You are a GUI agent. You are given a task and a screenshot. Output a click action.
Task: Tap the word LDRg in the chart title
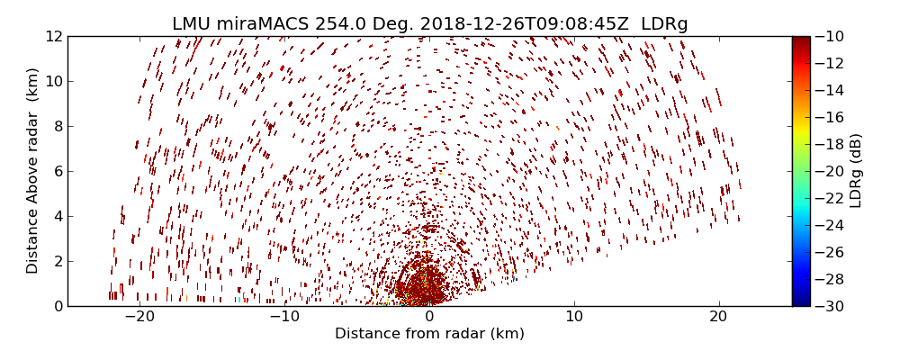664,24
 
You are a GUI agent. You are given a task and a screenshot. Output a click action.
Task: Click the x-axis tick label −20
139,317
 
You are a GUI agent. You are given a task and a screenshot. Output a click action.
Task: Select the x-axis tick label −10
284,317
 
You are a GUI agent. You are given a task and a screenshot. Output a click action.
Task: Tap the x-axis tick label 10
574,317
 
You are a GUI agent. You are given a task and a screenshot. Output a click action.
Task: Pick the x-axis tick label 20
718,317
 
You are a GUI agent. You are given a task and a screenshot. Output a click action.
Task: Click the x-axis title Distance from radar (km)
429,334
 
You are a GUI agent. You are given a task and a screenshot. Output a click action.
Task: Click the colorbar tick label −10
832,36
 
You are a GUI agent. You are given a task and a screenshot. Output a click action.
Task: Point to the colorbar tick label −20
832,171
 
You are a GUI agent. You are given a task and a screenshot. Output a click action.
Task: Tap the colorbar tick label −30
832,306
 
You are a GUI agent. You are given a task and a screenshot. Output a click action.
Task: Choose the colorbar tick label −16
832,117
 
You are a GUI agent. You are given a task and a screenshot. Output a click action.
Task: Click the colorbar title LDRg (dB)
856,171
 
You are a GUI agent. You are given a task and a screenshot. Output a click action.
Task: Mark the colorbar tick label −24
832,225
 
